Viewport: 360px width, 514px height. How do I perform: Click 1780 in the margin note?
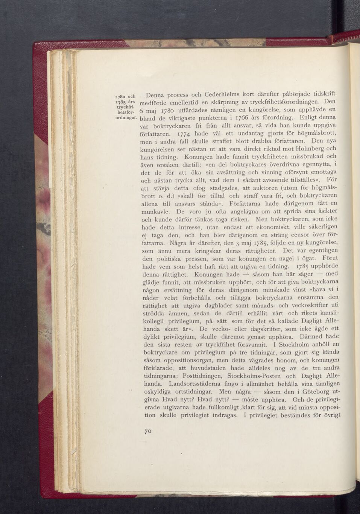click(121, 96)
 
